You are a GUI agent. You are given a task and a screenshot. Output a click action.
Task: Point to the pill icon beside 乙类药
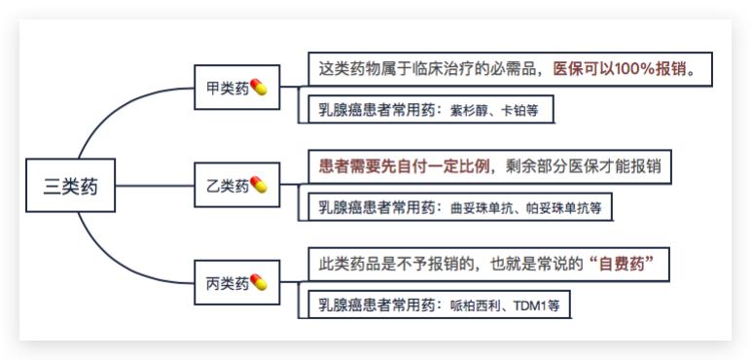pos(259,184)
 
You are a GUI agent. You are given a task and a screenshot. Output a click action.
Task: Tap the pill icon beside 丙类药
pos(259,282)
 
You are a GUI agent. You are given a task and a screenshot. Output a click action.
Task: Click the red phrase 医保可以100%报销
pos(623,70)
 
